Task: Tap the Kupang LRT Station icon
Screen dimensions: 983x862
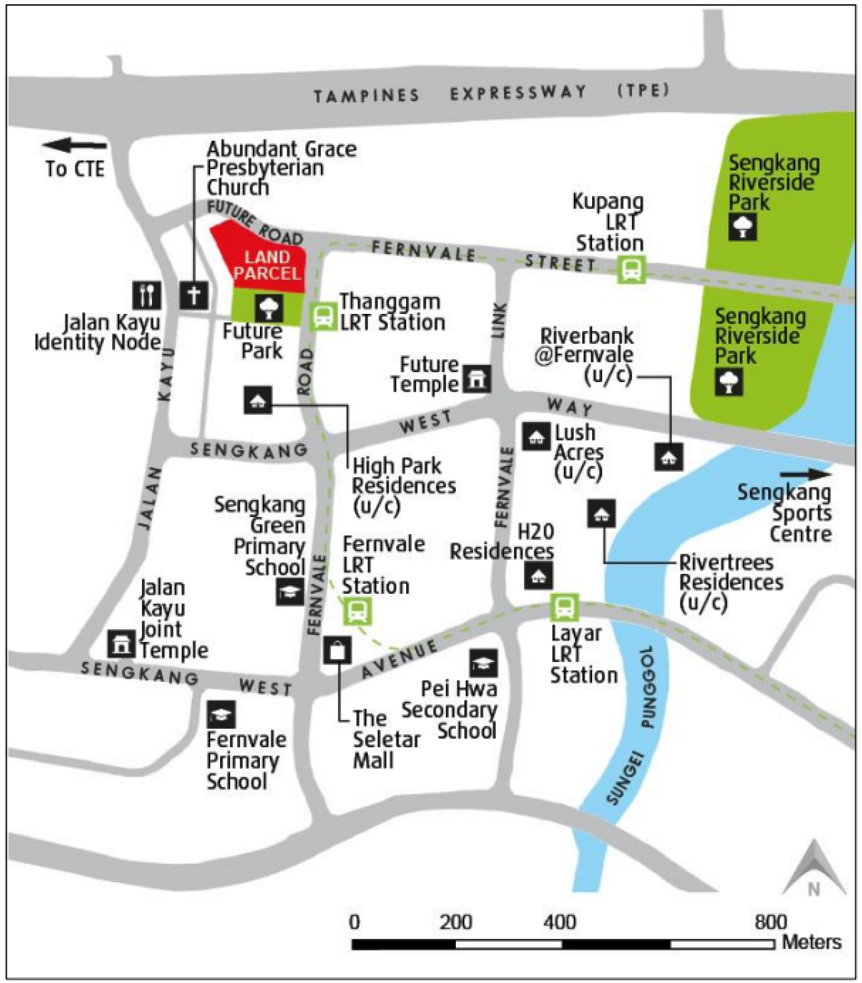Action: pos(631,269)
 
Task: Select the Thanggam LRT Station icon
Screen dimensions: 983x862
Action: pos(322,316)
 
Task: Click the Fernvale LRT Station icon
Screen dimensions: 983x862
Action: pos(358,611)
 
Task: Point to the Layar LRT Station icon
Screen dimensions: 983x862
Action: pos(564,607)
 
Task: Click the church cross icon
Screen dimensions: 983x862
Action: pos(194,295)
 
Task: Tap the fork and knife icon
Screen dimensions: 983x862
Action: pos(147,295)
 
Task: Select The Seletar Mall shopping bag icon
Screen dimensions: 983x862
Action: pos(337,651)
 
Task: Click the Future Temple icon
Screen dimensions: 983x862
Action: pos(477,379)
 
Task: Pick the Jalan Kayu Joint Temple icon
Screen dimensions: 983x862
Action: pos(121,644)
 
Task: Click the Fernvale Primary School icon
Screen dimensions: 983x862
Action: pos(221,715)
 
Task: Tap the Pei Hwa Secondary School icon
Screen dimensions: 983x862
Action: pos(483,663)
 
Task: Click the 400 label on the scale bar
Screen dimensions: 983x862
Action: pos(559,922)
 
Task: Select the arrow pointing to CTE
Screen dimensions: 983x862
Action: pos(73,145)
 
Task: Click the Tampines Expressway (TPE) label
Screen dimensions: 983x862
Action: pos(491,93)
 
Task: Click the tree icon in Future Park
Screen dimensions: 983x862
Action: pos(269,307)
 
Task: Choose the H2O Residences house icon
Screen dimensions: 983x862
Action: pos(538,576)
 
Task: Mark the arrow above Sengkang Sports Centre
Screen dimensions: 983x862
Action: pos(805,474)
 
